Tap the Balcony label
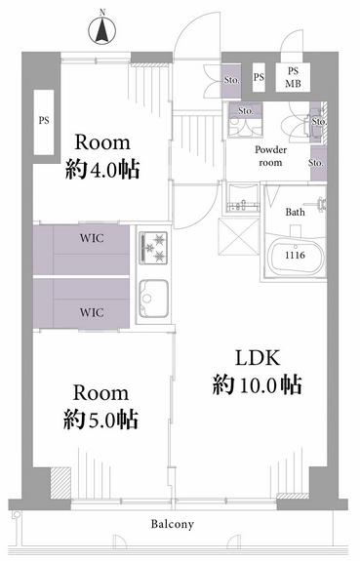point(173,525)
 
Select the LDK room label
point(258,358)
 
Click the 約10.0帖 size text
point(258,385)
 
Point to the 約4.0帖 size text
point(102,169)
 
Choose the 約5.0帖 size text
point(100,420)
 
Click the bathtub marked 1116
point(296,255)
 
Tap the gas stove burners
point(153,248)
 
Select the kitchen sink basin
point(153,299)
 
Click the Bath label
point(296,212)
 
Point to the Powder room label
point(270,156)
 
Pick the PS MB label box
point(293,78)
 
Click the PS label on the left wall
point(44,120)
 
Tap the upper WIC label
point(92,238)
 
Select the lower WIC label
point(92,312)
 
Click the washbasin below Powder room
point(244,199)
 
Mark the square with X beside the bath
point(239,236)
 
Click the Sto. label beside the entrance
point(231,80)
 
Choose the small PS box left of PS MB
point(259,77)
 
